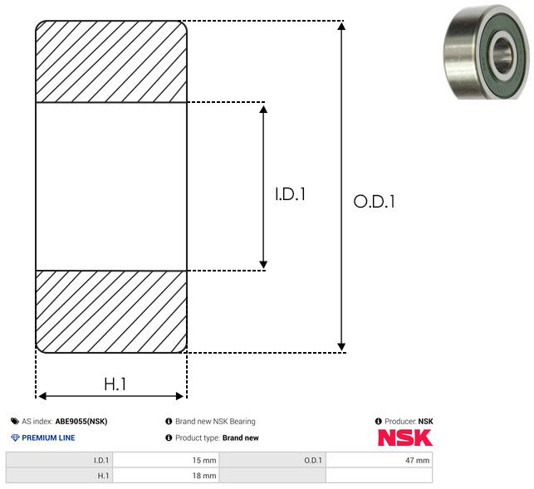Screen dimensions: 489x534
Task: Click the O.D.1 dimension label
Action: pos(374,202)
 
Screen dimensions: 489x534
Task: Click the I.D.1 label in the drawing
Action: pos(291,195)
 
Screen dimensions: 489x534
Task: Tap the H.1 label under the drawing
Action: pos(115,384)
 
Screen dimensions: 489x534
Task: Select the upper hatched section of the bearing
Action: pos(111,61)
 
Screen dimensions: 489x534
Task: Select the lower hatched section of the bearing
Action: pos(111,311)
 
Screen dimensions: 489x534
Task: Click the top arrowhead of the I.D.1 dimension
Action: pos(263,110)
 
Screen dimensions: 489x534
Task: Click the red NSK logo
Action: pos(404,438)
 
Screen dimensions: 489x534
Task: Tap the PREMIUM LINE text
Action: pos(48,438)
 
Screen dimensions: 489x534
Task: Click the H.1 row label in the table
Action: pos(103,476)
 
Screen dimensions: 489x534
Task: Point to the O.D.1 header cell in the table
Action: pos(312,460)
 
